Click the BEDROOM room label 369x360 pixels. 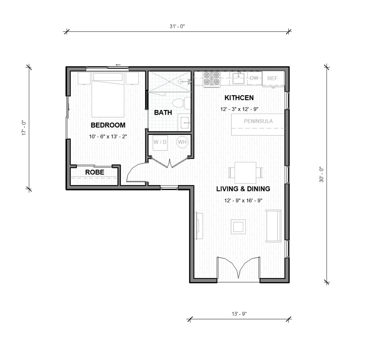108,126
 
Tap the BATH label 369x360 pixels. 163,113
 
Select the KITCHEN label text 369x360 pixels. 239,98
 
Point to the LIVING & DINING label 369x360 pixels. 243,189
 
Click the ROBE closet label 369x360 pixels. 94,172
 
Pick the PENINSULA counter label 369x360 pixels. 258,121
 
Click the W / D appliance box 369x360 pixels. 160,142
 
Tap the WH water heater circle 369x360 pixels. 182,142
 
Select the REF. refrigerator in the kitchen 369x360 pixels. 273,78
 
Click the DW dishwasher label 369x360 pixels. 254,78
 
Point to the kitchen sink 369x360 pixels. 239,78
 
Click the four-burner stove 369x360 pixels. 212,79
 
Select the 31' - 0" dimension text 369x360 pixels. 178,26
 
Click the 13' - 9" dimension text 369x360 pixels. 239,314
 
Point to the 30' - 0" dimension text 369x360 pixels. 321,174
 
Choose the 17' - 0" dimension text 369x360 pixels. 24,128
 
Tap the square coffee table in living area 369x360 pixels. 238,227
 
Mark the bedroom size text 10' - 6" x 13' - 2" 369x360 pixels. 108,137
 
